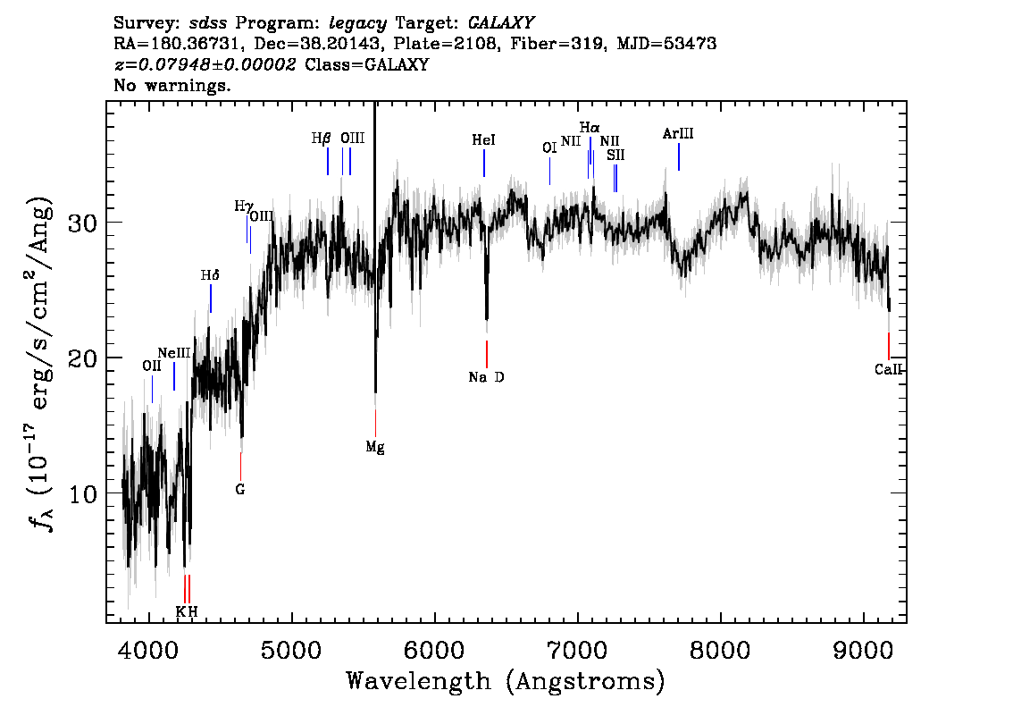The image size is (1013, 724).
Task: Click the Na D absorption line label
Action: tap(487, 377)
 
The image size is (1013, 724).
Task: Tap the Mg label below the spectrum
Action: tap(374, 447)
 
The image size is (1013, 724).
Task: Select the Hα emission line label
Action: tap(590, 127)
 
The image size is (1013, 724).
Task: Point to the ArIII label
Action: tap(678, 134)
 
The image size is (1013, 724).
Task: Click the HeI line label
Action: tap(483, 139)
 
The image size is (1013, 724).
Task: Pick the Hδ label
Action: tap(210, 275)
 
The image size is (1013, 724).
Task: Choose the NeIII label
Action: tap(174, 353)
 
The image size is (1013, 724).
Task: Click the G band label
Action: tap(240, 489)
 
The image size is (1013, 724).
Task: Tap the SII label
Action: tap(615, 156)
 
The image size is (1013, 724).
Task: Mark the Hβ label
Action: tap(321, 139)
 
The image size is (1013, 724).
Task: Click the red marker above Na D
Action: tap(487, 354)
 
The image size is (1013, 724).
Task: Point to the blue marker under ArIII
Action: tap(678, 157)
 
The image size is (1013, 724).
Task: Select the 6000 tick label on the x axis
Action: tap(435, 651)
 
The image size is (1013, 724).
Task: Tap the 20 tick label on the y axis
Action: tap(83, 358)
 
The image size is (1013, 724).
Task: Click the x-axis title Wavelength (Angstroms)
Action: tap(506, 681)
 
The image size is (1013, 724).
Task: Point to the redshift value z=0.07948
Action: tap(205, 64)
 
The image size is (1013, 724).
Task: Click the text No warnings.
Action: tap(172, 85)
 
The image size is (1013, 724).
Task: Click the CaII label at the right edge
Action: tap(888, 369)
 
